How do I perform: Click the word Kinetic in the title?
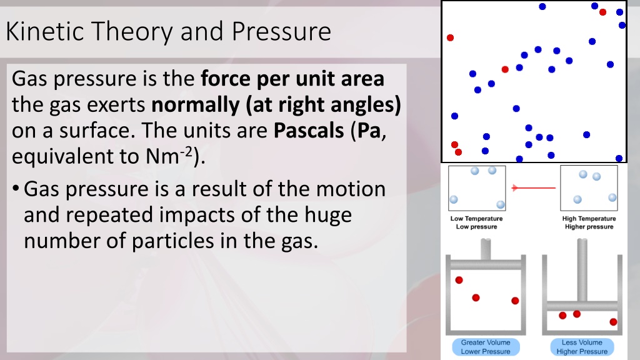click(x=46, y=31)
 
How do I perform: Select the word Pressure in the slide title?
click(x=281, y=31)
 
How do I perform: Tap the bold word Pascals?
click(x=309, y=131)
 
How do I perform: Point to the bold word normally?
click(x=196, y=105)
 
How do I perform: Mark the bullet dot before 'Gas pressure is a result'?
click(x=16, y=189)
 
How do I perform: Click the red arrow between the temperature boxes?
click(x=534, y=187)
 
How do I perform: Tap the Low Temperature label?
click(x=476, y=219)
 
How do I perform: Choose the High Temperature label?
click(x=589, y=219)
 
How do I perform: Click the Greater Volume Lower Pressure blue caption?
click(x=486, y=347)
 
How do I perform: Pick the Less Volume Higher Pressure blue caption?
click(x=582, y=347)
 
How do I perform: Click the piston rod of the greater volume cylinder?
click(x=486, y=249)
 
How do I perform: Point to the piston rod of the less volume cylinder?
click(x=582, y=270)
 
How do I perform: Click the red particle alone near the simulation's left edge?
click(x=450, y=37)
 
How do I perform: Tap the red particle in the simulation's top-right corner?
click(x=602, y=12)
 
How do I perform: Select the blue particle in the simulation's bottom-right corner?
click(x=619, y=158)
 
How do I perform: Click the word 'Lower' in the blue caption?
click(x=470, y=351)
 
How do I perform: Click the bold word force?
click(x=226, y=79)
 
